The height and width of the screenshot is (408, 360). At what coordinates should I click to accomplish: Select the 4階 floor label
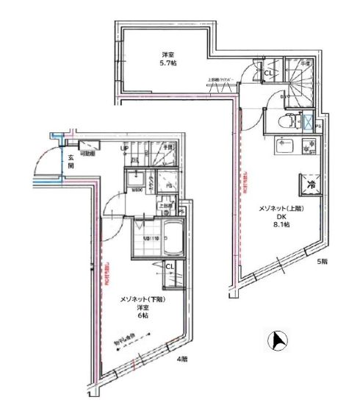182,360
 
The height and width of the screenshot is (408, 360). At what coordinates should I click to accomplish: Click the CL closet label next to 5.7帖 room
269,73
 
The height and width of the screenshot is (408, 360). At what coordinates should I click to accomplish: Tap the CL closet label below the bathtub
168,267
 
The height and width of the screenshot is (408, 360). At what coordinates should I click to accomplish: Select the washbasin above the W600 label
135,179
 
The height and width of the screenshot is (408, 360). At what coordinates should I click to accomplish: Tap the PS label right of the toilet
317,126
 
